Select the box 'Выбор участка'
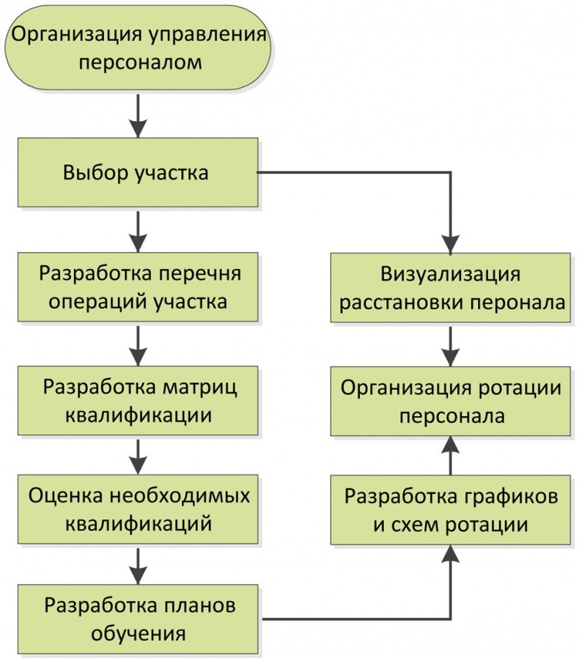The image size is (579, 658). click(x=137, y=174)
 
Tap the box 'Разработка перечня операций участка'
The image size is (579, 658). click(x=137, y=287)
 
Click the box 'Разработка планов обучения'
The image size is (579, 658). click(x=137, y=619)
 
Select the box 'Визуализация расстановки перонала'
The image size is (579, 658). click(x=450, y=288)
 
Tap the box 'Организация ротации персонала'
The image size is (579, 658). click(x=450, y=401)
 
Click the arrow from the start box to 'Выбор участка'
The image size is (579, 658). click(x=138, y=117)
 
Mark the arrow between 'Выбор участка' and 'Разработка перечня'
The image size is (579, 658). click(x=138, y=232)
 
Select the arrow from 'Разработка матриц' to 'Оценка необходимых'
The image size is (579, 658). click(x=138, y=456)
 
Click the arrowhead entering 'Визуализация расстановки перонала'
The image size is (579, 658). click(x=450, y=243)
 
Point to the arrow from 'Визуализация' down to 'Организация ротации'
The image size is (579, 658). click(x=450, y=345)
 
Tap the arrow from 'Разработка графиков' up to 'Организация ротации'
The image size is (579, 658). click(x=450, y=456)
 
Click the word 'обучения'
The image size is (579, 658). click(x=138, y=631)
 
